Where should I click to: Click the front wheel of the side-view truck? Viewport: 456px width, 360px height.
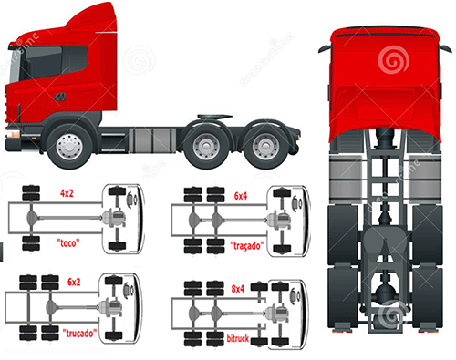click(68, 144)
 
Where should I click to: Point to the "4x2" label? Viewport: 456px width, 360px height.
click(67, 194)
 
